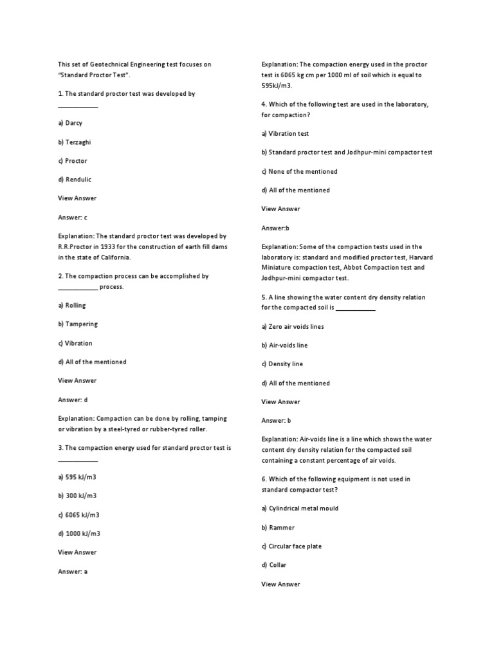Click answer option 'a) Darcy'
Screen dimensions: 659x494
point(70,123)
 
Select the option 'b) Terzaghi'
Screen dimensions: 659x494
point(74,142)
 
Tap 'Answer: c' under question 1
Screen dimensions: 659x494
point(72,218)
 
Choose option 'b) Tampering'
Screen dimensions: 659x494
point(78,324)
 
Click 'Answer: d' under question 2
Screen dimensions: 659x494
point(72,400)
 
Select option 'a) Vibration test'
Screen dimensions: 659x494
point(285,134)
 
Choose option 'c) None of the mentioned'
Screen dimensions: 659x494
point(299,172)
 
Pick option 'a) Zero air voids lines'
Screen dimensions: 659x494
point(293,326)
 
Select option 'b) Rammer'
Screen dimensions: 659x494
point(278,528)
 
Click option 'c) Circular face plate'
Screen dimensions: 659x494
point(291,546)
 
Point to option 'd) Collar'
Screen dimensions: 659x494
point(274,565)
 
